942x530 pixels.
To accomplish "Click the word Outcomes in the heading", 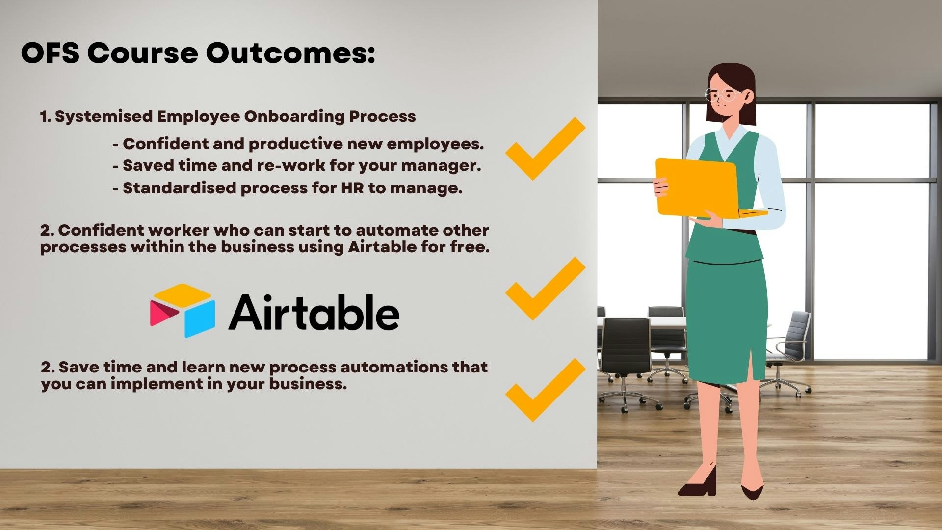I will pos(290,53).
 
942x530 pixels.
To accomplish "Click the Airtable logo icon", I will pos(183,310).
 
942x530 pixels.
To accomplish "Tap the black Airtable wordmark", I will pos(314,313).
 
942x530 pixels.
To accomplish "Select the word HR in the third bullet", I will pos(352,188).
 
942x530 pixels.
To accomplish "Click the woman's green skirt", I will pos(726,319).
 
